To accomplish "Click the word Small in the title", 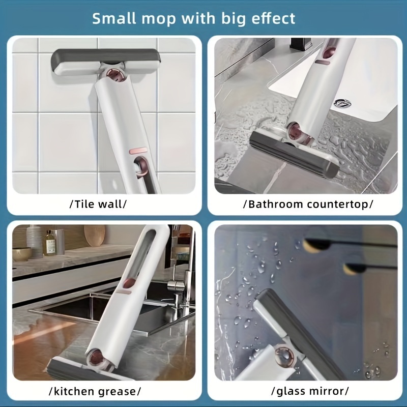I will coord(116,19).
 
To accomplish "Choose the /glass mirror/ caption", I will coord(310,392).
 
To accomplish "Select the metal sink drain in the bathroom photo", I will coord(342,103).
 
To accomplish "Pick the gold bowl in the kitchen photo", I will coord(22,253).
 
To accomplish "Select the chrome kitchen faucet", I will coord(178,285).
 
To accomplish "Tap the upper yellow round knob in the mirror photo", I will coord(314,245).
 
